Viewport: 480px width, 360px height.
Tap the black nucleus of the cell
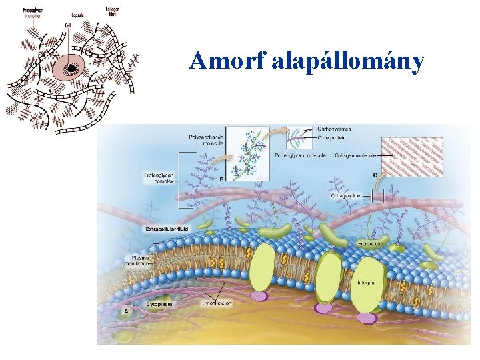tap(69, 68)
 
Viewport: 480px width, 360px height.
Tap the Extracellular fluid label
tap(167, 229)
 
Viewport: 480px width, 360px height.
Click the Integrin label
tap(366, 283)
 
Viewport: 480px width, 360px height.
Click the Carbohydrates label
tap(334, 129)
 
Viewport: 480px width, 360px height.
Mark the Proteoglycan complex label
tap(158, 178)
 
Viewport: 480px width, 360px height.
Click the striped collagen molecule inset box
tap(412, 157)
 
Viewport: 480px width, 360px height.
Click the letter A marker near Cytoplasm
tap(125, 311)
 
